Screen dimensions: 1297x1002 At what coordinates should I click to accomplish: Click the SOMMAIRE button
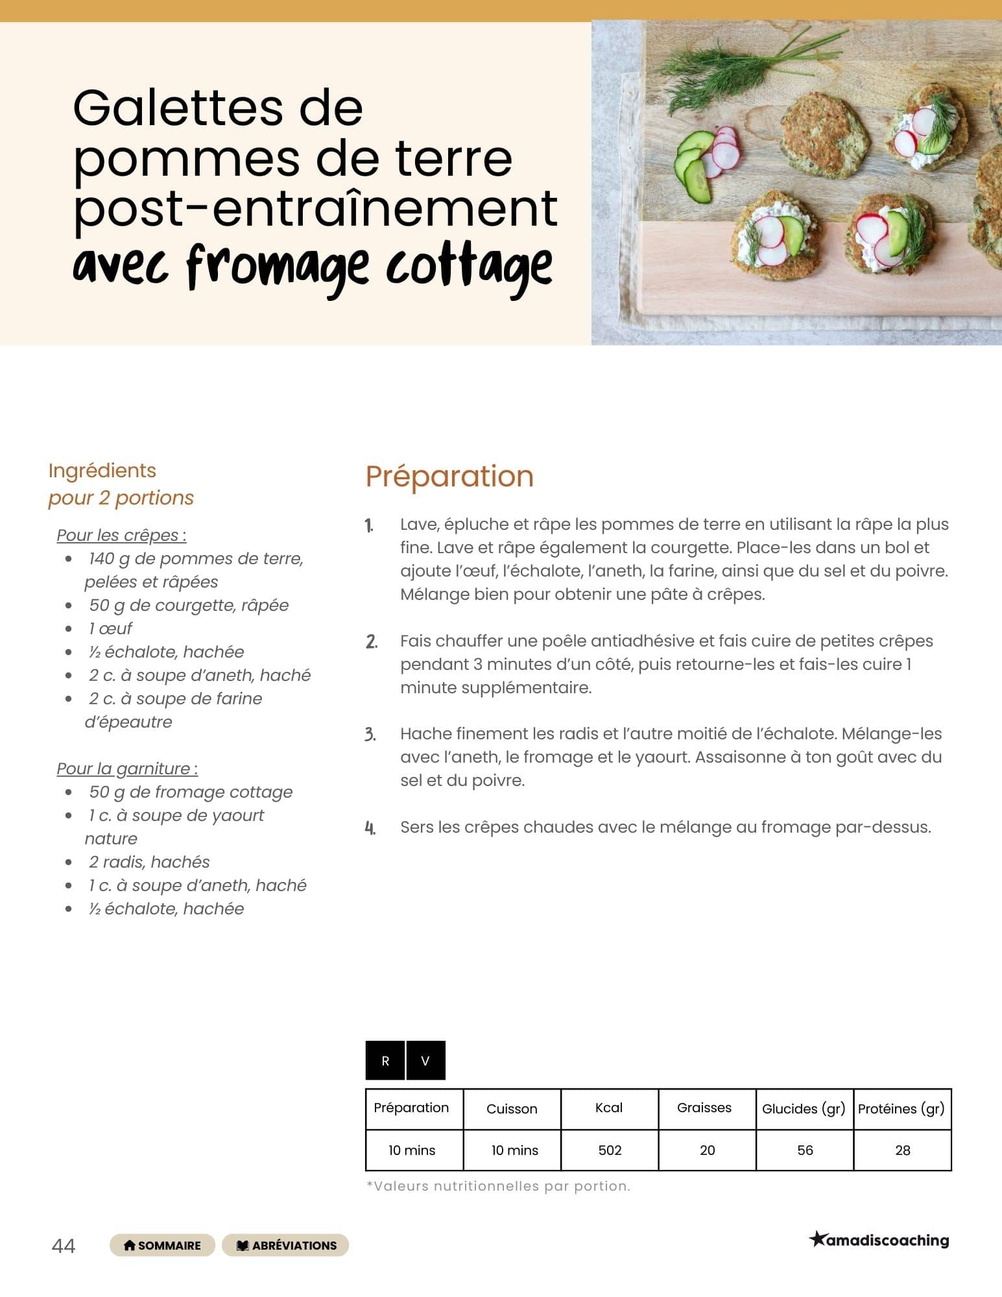tap(162, 1245)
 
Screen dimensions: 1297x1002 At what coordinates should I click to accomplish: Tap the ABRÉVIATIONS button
tap(285, 1245)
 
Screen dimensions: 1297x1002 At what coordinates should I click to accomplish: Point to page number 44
tap(63, 1246)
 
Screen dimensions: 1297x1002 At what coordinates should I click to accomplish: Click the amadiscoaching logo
tap(879, 1240)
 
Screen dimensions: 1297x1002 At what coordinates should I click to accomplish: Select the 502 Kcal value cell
tap(610, 1150)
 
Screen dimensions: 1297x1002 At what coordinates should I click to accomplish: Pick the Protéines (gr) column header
tap(901, 1108)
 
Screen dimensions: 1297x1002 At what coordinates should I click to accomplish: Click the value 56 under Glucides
tap(805, 1150)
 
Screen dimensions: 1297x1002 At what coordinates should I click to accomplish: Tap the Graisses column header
tap(704, 1108)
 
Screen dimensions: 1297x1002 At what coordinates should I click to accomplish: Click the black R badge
tap(385, 1060)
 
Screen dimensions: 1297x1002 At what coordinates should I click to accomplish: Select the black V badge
tap(425, 1060)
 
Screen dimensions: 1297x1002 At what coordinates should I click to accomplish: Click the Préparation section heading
tap(449, 476)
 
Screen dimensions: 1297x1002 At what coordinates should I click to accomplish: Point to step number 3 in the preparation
tap(370, 735)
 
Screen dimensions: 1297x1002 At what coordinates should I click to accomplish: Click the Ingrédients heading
tap(102, 470)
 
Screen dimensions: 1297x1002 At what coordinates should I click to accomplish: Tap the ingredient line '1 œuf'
tap(110, 628)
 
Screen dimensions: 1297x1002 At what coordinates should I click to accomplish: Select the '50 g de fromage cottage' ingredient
tap(191, 792)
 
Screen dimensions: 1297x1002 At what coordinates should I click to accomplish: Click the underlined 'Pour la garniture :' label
tap(127, 768)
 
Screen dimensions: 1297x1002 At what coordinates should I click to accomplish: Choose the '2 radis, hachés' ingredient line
tap(149, 862)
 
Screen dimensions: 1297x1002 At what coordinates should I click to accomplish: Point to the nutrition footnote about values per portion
tap(498, 1186)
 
